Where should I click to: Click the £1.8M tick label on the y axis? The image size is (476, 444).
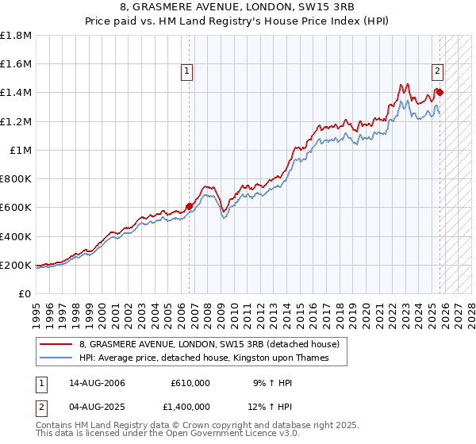(16, 36)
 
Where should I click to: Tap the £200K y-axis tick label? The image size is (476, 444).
(16, 265)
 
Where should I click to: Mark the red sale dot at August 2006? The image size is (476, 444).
(190, 207)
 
